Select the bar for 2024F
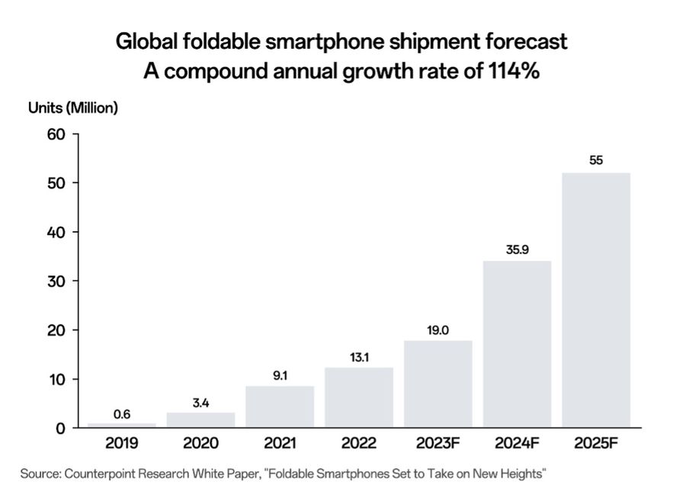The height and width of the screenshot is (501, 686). [x=517, y=344]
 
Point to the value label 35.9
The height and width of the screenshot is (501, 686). [x=517, y=249]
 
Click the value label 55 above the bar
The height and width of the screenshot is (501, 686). [x=596, y=160]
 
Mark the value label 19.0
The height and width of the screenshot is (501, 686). [x=438, y=329]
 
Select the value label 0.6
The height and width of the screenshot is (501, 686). [x=122, y=414]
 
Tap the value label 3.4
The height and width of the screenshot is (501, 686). [x=201, y=402]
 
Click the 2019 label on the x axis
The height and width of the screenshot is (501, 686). [x=122, y=443]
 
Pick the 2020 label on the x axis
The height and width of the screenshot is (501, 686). [x=201, y=443]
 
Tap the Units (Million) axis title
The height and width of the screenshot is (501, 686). [x=73, y=108]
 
